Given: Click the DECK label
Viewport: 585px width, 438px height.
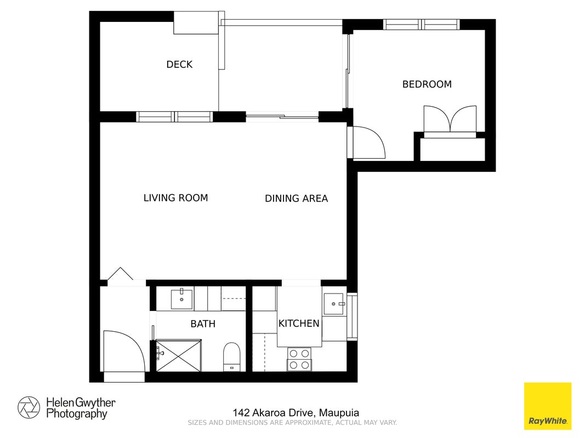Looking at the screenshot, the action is (179, 65).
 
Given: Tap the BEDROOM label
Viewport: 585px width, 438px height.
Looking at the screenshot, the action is (427, 84).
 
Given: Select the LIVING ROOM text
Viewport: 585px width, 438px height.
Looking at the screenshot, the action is (176, 198).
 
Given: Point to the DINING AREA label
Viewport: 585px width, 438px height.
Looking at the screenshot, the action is (296, 199).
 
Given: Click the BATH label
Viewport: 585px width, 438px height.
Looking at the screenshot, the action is (203, 324).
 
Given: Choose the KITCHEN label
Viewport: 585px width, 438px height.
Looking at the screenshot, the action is (299, 323).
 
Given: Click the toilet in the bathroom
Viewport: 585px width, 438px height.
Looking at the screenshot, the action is (232, 357).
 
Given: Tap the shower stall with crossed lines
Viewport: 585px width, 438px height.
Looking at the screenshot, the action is (178, 355).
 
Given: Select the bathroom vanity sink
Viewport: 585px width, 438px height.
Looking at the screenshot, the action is (181, 298).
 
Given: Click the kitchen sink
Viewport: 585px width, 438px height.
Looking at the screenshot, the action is (333, 304).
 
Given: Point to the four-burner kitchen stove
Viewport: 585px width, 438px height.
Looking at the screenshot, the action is (299, 359).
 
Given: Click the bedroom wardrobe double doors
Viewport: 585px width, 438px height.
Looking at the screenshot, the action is (450, 119).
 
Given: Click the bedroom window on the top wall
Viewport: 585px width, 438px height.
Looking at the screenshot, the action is (421, 25).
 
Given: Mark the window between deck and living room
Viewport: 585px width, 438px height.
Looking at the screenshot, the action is (174, 117).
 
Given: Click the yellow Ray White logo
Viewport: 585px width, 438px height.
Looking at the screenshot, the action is (548, 406).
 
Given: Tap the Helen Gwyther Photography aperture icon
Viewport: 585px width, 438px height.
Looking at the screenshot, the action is (29, 407).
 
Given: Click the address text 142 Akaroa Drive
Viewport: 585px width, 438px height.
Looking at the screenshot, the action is (275, 413).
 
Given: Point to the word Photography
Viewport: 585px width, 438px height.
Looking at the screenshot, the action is (77, 414).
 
